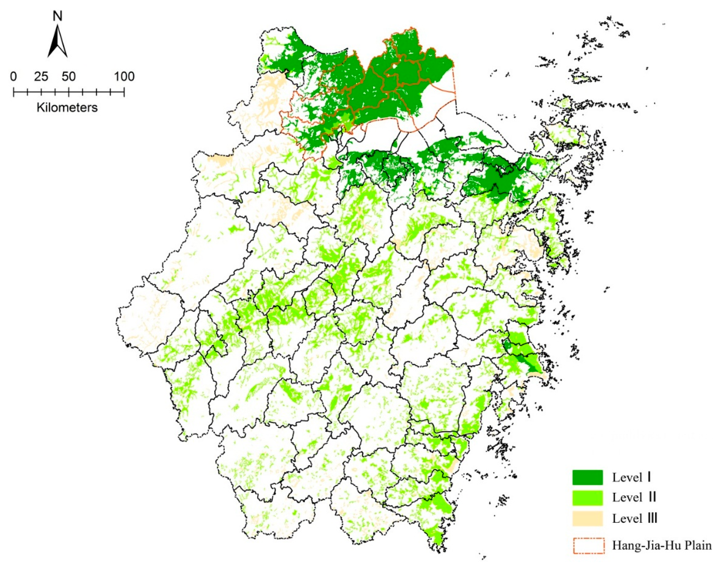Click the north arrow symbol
click(x=58, y=41)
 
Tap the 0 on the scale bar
click(x=13, y=77)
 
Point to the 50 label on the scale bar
click(x=68, y=77)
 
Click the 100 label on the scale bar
click(x=124, y=77)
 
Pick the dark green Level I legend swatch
click(x=587, y=477)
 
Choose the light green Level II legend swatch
click(x=587, y=497)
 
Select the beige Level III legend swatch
click(x=587, y=518)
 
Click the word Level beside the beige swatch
click(x=623, y=519)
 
